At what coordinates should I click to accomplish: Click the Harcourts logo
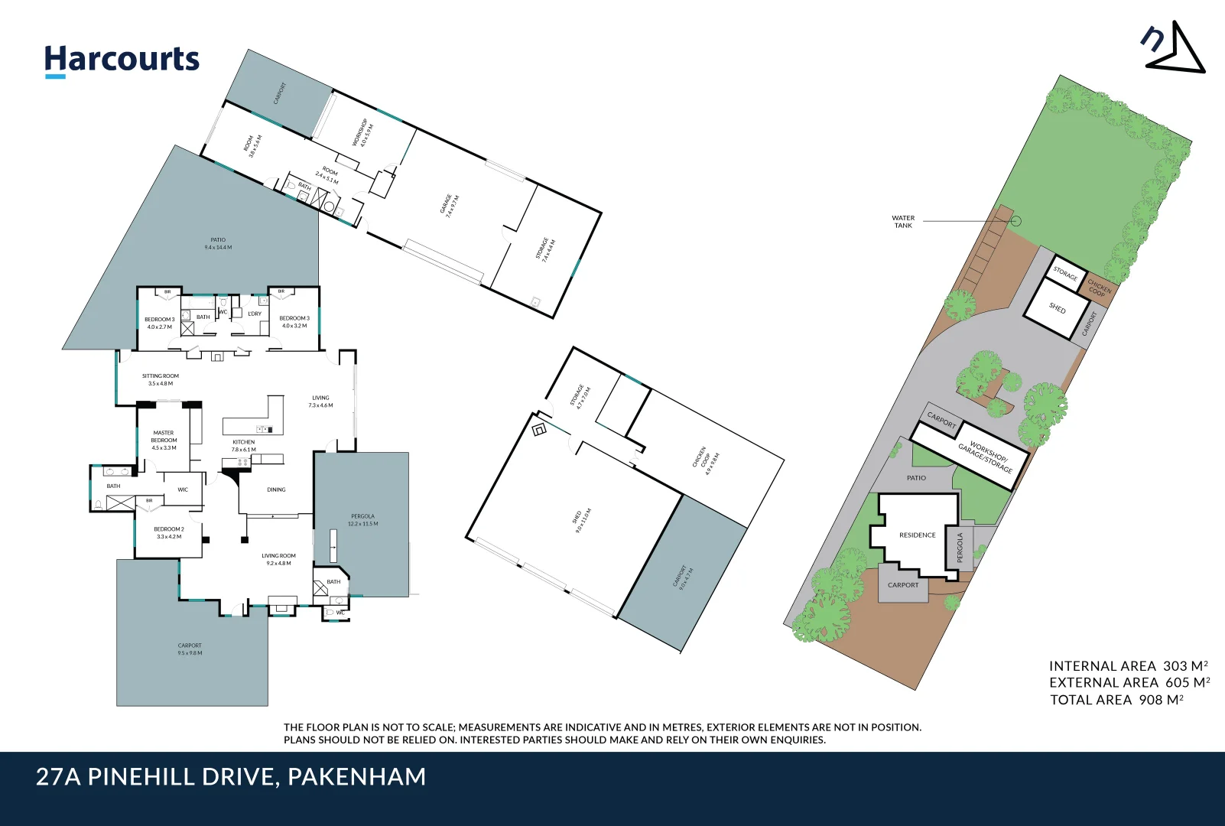coord(122,60)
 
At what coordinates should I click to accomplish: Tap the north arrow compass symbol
coord(1175,49)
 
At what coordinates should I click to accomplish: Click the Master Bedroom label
coord(164,440)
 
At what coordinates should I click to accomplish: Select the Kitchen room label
coord(244,445)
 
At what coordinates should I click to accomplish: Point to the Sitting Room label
coord(161,379)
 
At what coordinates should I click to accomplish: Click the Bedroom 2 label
coord(169,532)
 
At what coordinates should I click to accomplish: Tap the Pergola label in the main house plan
coord(362,519)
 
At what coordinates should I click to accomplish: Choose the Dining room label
coord(276,489)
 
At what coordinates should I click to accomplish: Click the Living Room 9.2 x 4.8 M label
coord(278,559)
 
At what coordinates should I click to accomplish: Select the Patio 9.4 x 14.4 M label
coord(218,243)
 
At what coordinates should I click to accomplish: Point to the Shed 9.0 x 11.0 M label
coord(582,520)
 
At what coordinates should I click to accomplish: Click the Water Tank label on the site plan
coord(903,222)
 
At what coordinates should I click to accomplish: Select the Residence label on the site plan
coord(917,535)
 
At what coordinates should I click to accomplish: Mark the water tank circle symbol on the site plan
coord(1015,221)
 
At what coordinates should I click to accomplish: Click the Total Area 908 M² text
coord(1116,700)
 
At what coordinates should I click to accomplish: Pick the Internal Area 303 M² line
coord(1128,666)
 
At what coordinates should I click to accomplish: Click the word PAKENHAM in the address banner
coord(357,777)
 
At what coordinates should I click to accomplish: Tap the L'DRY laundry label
coord(255,314)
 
